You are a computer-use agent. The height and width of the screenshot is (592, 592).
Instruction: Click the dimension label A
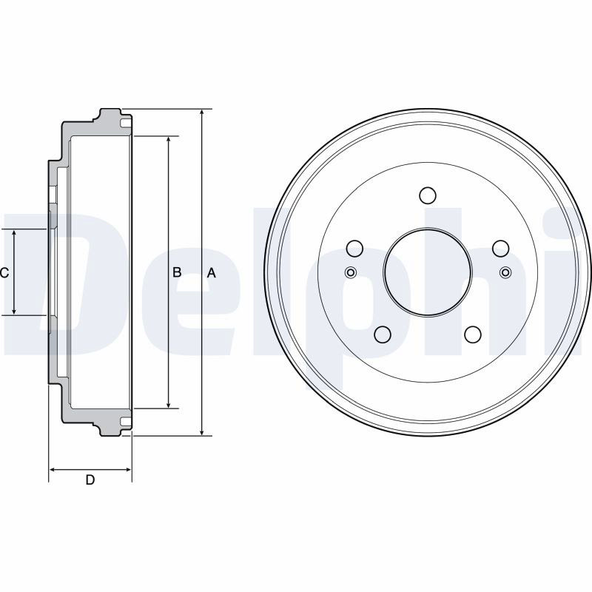tap(212, 272)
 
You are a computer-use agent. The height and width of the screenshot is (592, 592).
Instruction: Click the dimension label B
tap(177, 272)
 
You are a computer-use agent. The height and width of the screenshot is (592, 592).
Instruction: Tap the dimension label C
tap(4, 272)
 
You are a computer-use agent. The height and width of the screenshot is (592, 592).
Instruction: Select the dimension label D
tap(90, 480)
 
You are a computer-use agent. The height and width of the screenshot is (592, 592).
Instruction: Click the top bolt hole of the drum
tap(428, 195)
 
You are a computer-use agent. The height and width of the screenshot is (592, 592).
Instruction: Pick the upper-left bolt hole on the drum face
tap(354, 249)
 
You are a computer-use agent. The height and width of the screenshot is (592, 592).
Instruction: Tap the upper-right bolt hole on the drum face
tap(501, 249)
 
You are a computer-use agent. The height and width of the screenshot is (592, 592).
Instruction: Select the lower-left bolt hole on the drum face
tap(383, 334)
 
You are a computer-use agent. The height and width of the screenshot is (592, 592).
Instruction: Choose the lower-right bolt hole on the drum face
tap(473, 334)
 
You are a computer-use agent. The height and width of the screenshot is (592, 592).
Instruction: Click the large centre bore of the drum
tap(428, 272)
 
